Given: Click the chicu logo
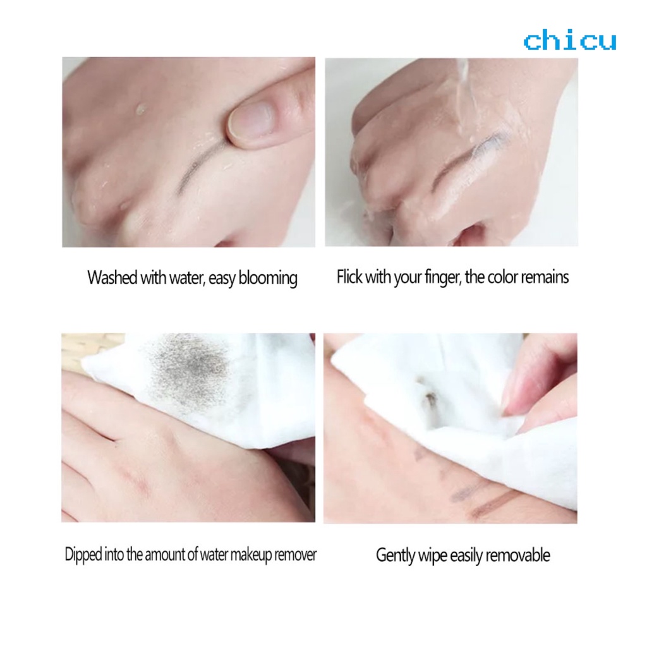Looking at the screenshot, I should pos(569,41).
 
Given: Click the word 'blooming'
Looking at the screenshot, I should pos(268,279).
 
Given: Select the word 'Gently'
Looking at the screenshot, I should pos(396,556).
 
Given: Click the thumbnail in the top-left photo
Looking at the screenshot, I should pos(251,119).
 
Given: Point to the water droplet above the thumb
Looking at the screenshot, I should pos(140,109).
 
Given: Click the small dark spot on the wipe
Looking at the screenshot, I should pos(430,397).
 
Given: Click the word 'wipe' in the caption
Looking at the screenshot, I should pos(437,556).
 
